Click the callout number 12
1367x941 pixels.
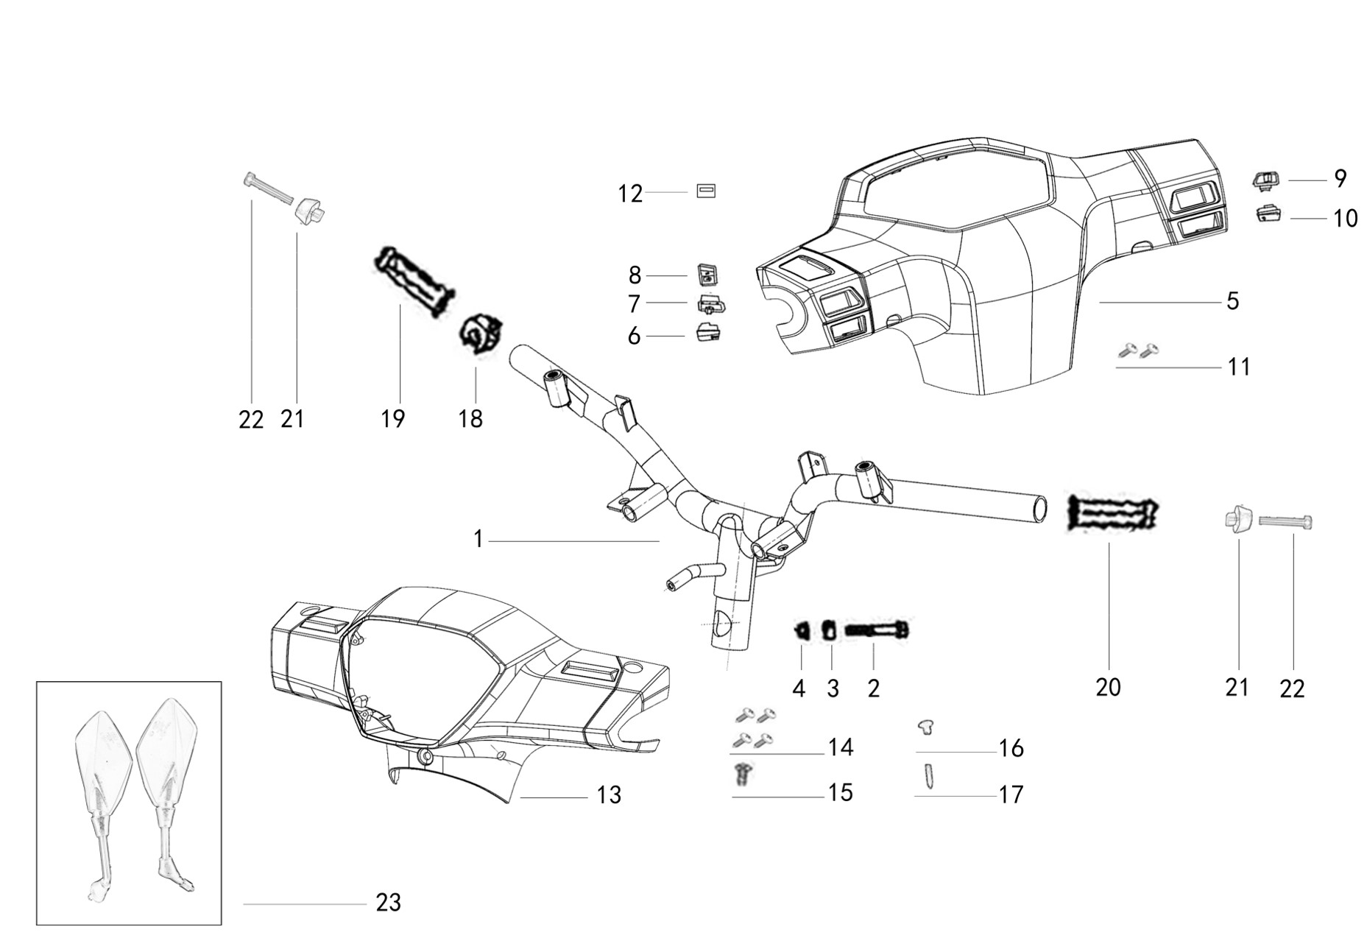pyautogui.click(x=630, y=194)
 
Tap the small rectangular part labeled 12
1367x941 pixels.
pyautogui.click(x=706, y=191)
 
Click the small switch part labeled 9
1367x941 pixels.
pyautogui.click(x=1266, y=179)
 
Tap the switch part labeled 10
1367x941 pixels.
pyautogui.click(x=1267, y=214)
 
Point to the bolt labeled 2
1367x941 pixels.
pyautogui.click(x=877, y=630)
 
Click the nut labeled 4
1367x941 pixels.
pyautogui.click(x=801, y=630)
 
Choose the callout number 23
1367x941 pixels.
pyautogui.click(x=388, y=902)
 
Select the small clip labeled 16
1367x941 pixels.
pyautogui.click(x=926, y=728)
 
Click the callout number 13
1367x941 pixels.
pyautogui.click(x=609, y=795)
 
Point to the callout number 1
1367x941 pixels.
pyautogui.click(x=478, y=540)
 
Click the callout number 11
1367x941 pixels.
pyautogui.click(x=1239, y=367)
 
